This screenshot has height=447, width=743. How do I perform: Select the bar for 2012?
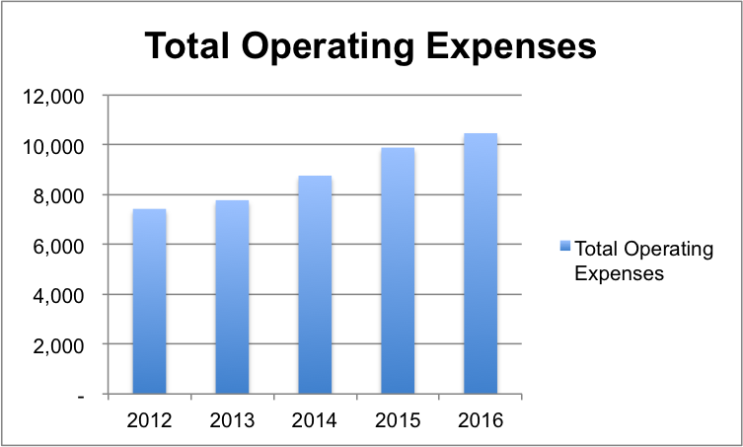click(149, 302)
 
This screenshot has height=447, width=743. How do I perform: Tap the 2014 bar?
click(315, 285)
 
